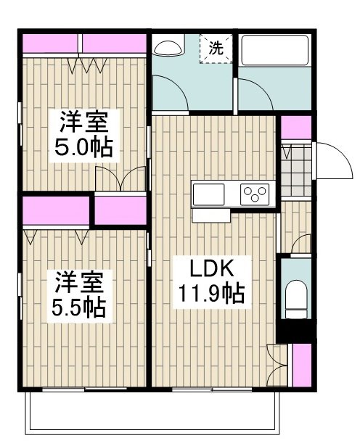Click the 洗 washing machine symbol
pos(216,49)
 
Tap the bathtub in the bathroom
pos(275,50)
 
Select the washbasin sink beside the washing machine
pos(168,49)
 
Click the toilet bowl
pos(296,300)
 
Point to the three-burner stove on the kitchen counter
pos(255,194)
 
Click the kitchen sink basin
pos(208,194)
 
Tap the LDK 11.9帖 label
pos(212,282)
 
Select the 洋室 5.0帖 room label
pos(84,136)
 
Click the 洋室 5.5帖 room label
pos(80,296)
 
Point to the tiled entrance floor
pos(296,170)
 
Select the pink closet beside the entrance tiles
pos(296,128)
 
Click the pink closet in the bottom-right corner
pos(302,365)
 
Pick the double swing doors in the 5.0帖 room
pos(120,178)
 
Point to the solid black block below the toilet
pos(296,331)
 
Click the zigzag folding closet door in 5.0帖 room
pos(88,65)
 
